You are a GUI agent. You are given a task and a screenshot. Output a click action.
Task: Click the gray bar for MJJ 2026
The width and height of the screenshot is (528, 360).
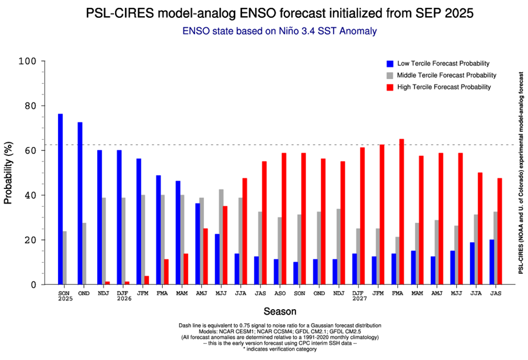tap(221, 237)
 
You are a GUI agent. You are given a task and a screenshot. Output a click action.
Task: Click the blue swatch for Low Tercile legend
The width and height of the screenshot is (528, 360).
tap(389, 63)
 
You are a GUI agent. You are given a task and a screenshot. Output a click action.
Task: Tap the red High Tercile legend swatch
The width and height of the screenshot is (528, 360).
tap(389, 87)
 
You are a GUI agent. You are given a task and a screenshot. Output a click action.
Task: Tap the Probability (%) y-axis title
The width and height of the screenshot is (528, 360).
tap(8, 173)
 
